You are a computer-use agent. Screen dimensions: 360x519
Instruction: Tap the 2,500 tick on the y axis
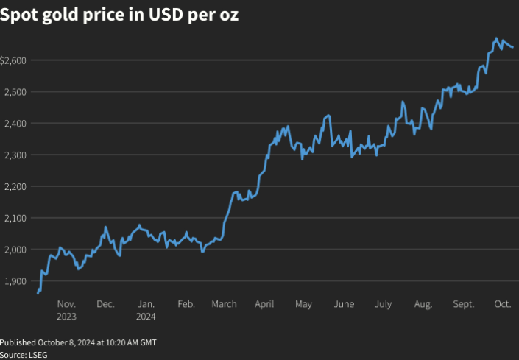(16, 91)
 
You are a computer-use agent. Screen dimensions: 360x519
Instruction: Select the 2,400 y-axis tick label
(16, 123)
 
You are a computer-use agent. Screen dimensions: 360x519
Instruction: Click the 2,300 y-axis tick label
(16, 155)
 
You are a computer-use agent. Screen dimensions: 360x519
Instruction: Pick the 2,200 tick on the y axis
(16, 186)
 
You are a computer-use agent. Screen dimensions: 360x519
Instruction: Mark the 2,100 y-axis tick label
(16, 218)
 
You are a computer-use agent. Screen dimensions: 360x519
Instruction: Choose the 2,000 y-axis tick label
(16, 250)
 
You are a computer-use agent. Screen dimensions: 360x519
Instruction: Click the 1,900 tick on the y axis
(16, 281)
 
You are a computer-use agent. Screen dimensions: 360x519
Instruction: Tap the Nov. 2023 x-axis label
(66, 310)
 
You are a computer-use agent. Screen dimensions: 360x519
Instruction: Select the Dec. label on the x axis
(105, 304)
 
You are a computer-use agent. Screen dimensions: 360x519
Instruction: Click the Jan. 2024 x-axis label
(146, 310)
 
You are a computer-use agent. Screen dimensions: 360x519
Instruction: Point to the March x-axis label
(224, 304)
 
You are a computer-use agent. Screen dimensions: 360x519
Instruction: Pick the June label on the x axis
(344, 304)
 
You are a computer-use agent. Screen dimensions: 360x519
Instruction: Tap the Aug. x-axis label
(423, 304)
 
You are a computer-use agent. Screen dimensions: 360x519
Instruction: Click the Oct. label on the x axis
(503, 304)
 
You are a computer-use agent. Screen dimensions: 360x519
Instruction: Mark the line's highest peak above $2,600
(496, 38)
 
